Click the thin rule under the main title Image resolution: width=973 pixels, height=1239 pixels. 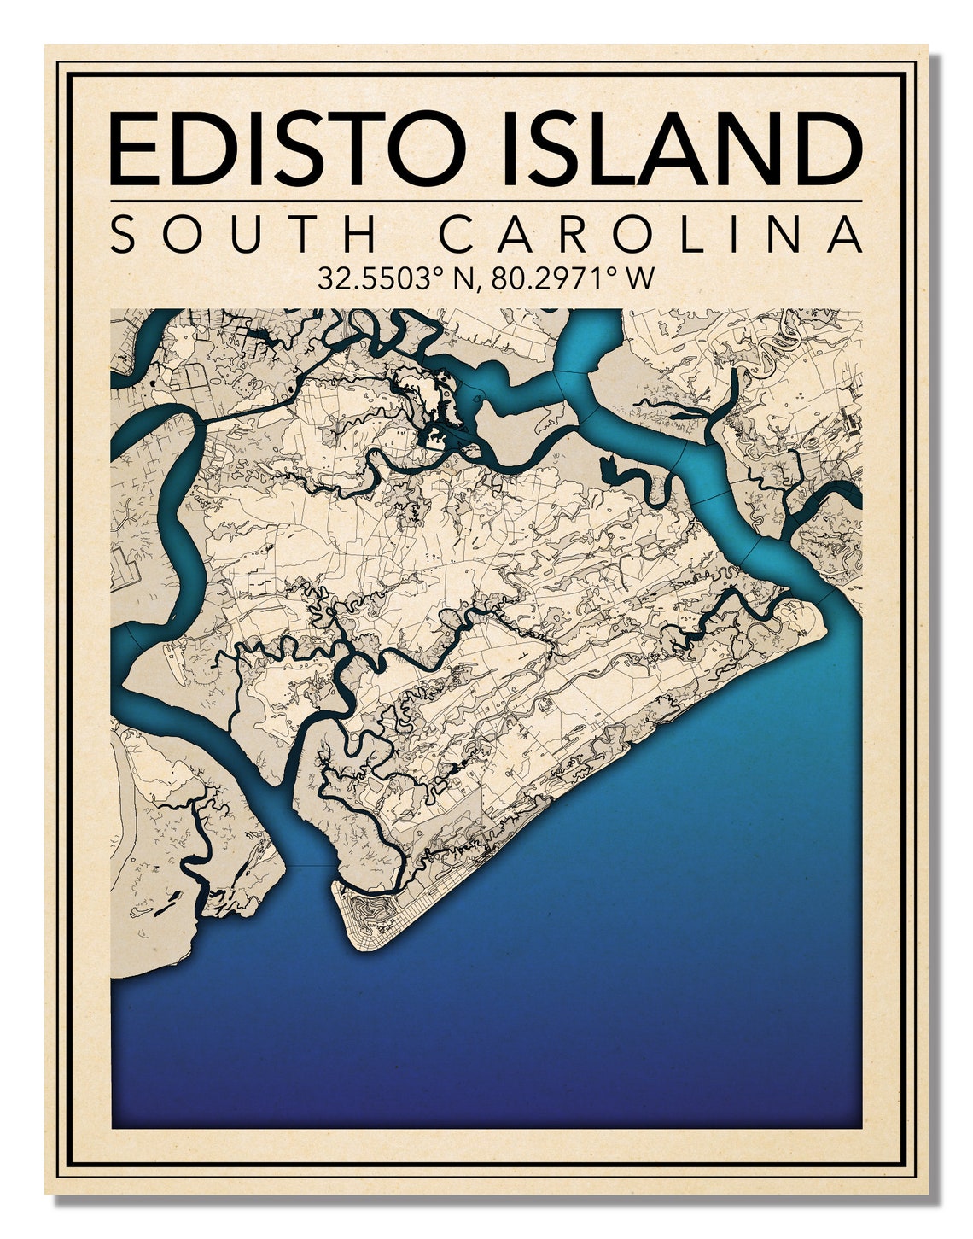coord(486,202)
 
